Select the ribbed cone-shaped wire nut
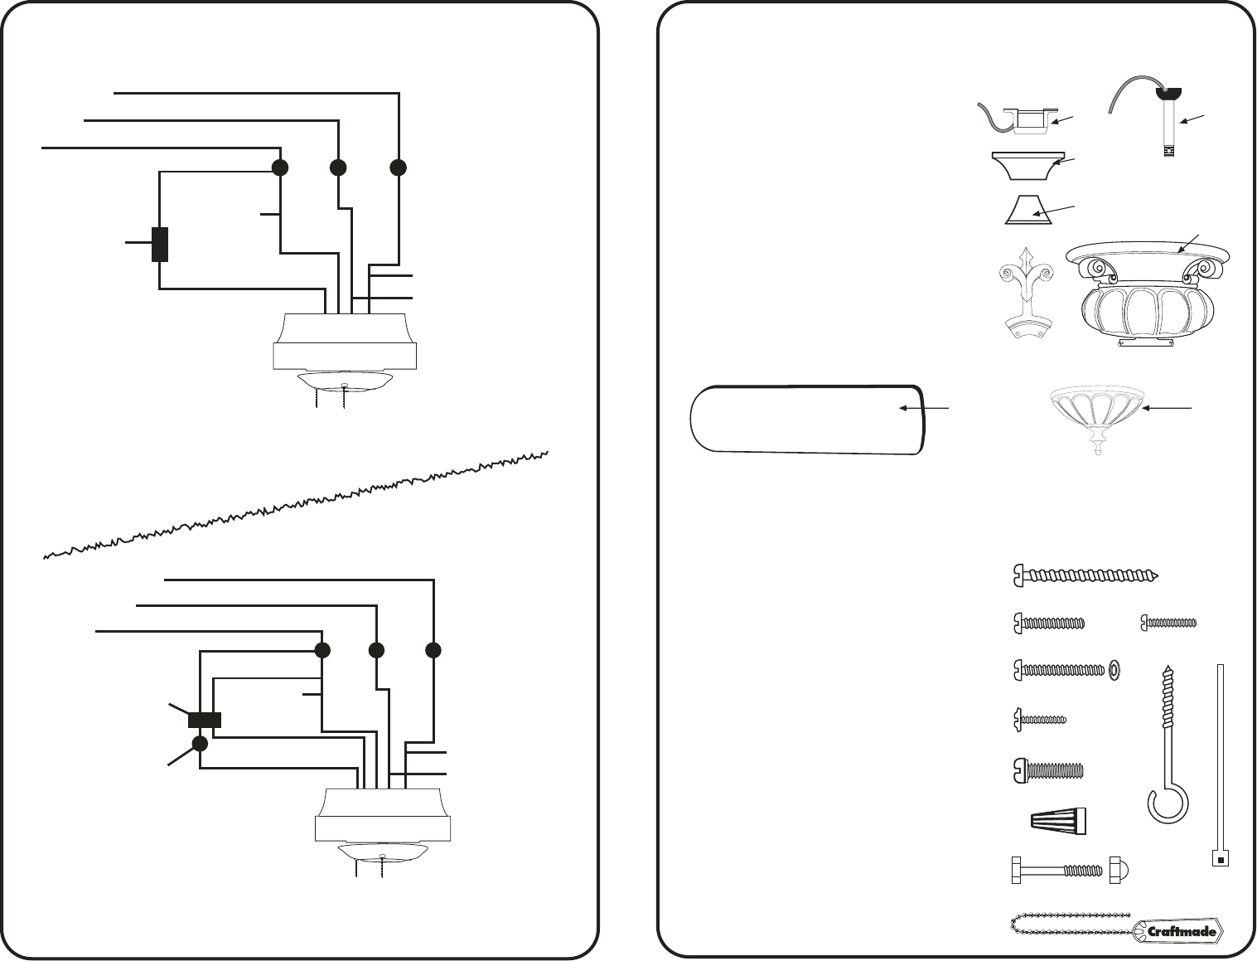pyautogui.click(x=1054, y=821)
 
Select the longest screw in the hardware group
pyautogui.click(x=1085, y=575)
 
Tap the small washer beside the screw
pyautogui.click(x=1114, y=669)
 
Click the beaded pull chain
pyautogui.click(x=1069, y=922)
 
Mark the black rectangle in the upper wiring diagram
pyautogui.click(x=160, y=244)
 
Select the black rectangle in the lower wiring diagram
pyautogui.click(x=205, y=720)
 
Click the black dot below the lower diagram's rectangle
pyautogui.click(x=200, y=743)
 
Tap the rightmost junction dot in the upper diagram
pyautogui.click(x=399, y=167)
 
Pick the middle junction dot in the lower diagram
pyautogui.click(x=376, y=650)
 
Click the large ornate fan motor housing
pyautogui.click(x=1148, y=294)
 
